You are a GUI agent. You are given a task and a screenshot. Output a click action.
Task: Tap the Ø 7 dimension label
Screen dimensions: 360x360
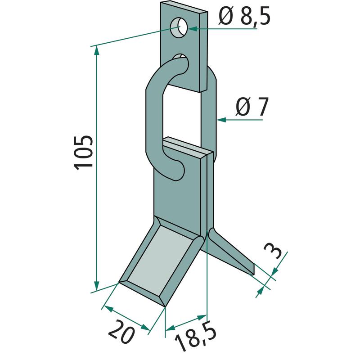(x=252, y=107)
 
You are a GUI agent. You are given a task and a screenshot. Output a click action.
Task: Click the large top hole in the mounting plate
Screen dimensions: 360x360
(x=179, y=28)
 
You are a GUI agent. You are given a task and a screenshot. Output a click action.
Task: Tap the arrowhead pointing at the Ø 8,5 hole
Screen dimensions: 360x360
(x=193, y=28)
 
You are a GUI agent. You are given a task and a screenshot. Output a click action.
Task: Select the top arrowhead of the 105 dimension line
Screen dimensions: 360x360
(x=97, y=50)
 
